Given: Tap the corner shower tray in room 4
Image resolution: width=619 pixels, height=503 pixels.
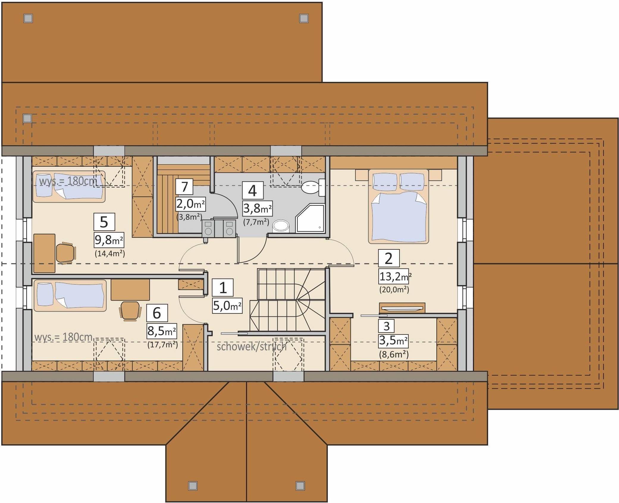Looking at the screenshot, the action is point(310,218).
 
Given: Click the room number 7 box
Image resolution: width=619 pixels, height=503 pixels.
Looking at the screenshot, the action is point(184,187).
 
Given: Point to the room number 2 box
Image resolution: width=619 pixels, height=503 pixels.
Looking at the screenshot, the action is point(388,258).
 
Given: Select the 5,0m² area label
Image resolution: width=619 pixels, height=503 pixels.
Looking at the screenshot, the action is point(227,305).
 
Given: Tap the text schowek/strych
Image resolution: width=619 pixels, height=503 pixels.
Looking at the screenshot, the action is point(251,346).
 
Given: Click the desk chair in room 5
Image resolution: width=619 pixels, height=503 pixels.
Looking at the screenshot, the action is point(66,253).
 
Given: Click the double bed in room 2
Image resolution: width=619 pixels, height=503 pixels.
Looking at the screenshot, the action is point(398,206).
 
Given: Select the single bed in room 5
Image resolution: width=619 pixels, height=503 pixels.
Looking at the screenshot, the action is point(69,187).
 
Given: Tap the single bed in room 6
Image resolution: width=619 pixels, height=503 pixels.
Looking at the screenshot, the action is point(70,295).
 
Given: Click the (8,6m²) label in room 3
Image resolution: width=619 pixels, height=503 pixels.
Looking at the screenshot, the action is point(394,354).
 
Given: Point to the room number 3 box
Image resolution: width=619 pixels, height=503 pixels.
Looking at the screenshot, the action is point(386,326).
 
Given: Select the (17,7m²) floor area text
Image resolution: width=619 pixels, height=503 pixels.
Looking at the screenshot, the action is point(162,345).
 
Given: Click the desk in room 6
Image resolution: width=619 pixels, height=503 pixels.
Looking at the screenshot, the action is point(130,290).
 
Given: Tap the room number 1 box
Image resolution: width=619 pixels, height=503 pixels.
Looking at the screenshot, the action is point(223,288).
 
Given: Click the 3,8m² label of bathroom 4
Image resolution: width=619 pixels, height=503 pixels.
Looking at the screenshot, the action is point(257,209).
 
